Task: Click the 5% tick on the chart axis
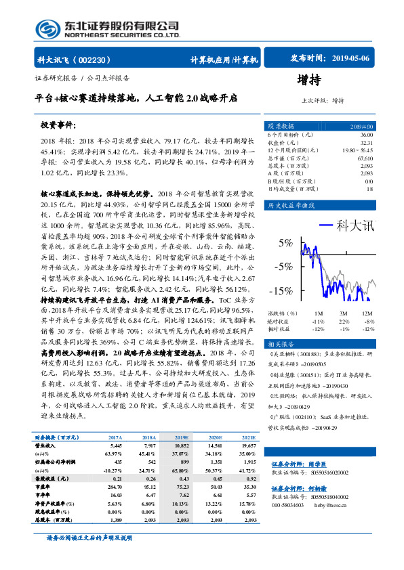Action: coord(285,243)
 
